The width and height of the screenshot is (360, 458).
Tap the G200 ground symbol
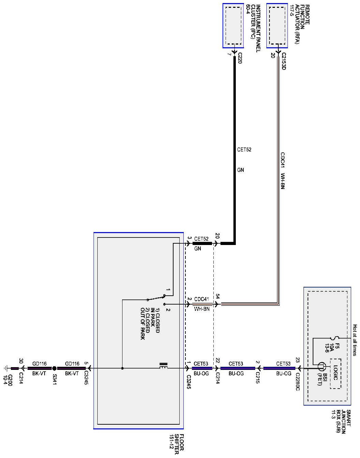pos(5,368)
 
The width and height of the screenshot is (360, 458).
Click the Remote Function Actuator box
pos(277,26)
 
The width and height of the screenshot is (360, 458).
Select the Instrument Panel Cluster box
pos(233,26)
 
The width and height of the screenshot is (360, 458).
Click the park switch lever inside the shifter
pos(156,298)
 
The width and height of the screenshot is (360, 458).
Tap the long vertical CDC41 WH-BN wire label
pos(283,171)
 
